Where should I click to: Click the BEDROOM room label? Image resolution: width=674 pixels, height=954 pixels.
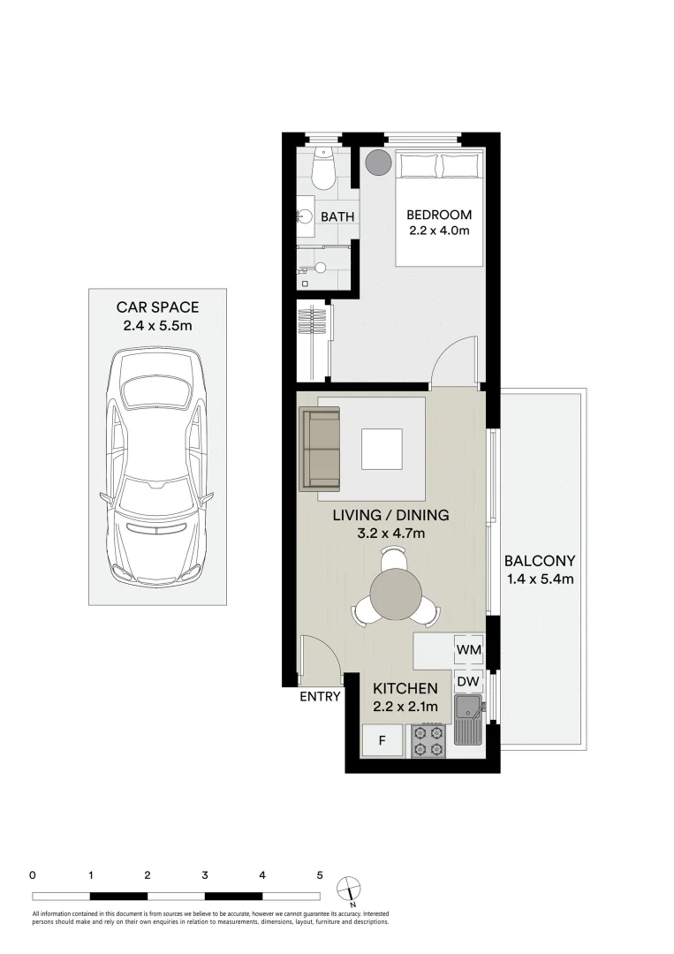439,215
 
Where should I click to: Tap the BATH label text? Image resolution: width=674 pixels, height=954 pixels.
337,216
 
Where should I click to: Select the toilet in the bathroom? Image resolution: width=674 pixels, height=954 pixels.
323,170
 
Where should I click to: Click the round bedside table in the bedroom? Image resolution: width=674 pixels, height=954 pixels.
378,163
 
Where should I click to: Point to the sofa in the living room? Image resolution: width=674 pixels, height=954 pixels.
321,448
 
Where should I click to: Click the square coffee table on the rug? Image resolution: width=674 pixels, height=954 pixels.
382,449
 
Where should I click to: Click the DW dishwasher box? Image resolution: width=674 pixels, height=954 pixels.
468,682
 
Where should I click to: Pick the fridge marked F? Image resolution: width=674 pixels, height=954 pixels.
382,741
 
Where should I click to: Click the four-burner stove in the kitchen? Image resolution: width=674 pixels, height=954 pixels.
428,740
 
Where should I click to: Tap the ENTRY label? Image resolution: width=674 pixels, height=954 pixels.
320,696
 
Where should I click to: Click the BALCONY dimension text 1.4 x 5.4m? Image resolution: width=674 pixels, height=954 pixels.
541,579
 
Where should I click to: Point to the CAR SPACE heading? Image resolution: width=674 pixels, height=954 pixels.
157,307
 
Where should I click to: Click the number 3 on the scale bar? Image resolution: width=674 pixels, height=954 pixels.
205,875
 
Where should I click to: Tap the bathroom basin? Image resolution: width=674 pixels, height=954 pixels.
305,216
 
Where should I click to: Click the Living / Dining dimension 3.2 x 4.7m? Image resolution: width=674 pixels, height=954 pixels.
390,534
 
